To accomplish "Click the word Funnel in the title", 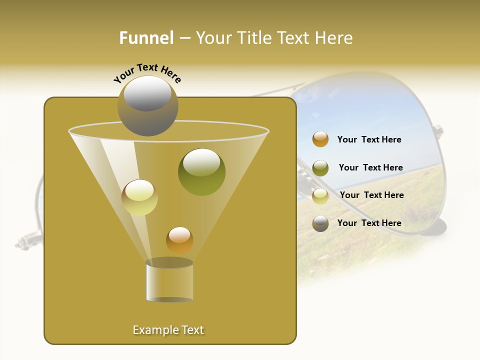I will (146, 38).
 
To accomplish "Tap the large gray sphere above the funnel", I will (147, 105).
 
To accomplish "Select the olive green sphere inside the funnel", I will (201, 171).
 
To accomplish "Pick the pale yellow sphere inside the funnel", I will (139, 197).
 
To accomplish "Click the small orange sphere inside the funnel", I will (179, 240).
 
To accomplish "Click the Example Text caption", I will (168, 330).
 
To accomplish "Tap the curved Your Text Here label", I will (147, 73).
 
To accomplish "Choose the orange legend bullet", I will (320, 139).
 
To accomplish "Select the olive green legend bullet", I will (320, 167).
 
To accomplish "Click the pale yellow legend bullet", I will (320, 195).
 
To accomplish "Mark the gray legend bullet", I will (320, 223).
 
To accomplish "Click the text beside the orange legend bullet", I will (369, 140).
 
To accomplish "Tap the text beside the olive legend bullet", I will (370, 168).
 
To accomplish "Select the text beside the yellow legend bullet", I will (371, 195).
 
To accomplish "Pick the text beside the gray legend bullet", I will (369, 223).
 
